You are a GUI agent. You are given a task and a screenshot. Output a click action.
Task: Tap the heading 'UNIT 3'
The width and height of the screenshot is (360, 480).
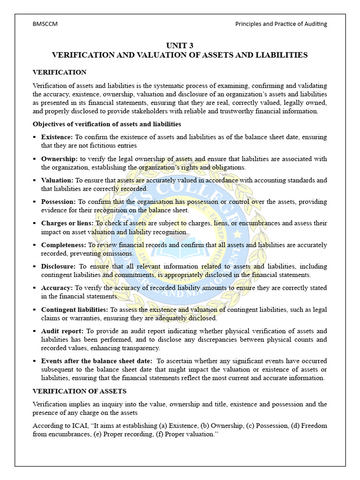coord(180,45)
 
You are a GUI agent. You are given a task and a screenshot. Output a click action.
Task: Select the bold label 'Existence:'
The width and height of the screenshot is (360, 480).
coord(57,137)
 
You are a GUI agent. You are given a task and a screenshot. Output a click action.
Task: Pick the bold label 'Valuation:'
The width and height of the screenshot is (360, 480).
coord(57,180)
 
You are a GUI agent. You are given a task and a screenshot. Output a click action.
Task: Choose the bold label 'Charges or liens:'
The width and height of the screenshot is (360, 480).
coord(67,223)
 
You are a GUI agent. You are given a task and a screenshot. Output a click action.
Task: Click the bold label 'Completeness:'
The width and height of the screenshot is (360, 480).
coord(63,245)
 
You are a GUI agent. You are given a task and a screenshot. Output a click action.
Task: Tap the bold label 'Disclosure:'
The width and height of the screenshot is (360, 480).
coord(59,266)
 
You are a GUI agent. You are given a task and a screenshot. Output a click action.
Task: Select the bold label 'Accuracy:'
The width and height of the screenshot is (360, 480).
coord(57,288)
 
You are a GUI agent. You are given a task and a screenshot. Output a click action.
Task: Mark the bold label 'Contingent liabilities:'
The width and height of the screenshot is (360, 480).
coord(75,309)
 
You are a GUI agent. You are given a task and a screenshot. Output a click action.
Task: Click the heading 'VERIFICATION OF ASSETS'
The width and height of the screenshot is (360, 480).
coord(79,391)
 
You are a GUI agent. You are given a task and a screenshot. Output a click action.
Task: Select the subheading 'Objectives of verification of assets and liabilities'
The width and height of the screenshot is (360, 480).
coord(106,124)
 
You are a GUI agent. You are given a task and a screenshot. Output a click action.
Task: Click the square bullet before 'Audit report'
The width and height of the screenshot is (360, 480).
coord(35,331)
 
